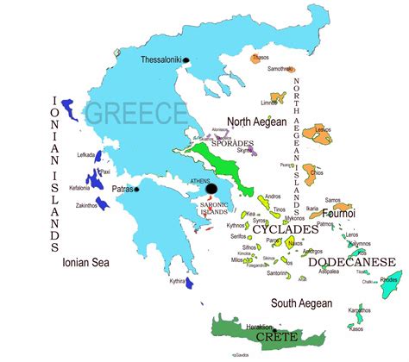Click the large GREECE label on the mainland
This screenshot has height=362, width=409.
click(x=135, y=113)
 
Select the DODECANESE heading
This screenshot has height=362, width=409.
click(x=353, y=261)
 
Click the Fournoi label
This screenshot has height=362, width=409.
click(x=340, y=212)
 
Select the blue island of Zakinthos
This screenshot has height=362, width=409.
click(x=102, y=203)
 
